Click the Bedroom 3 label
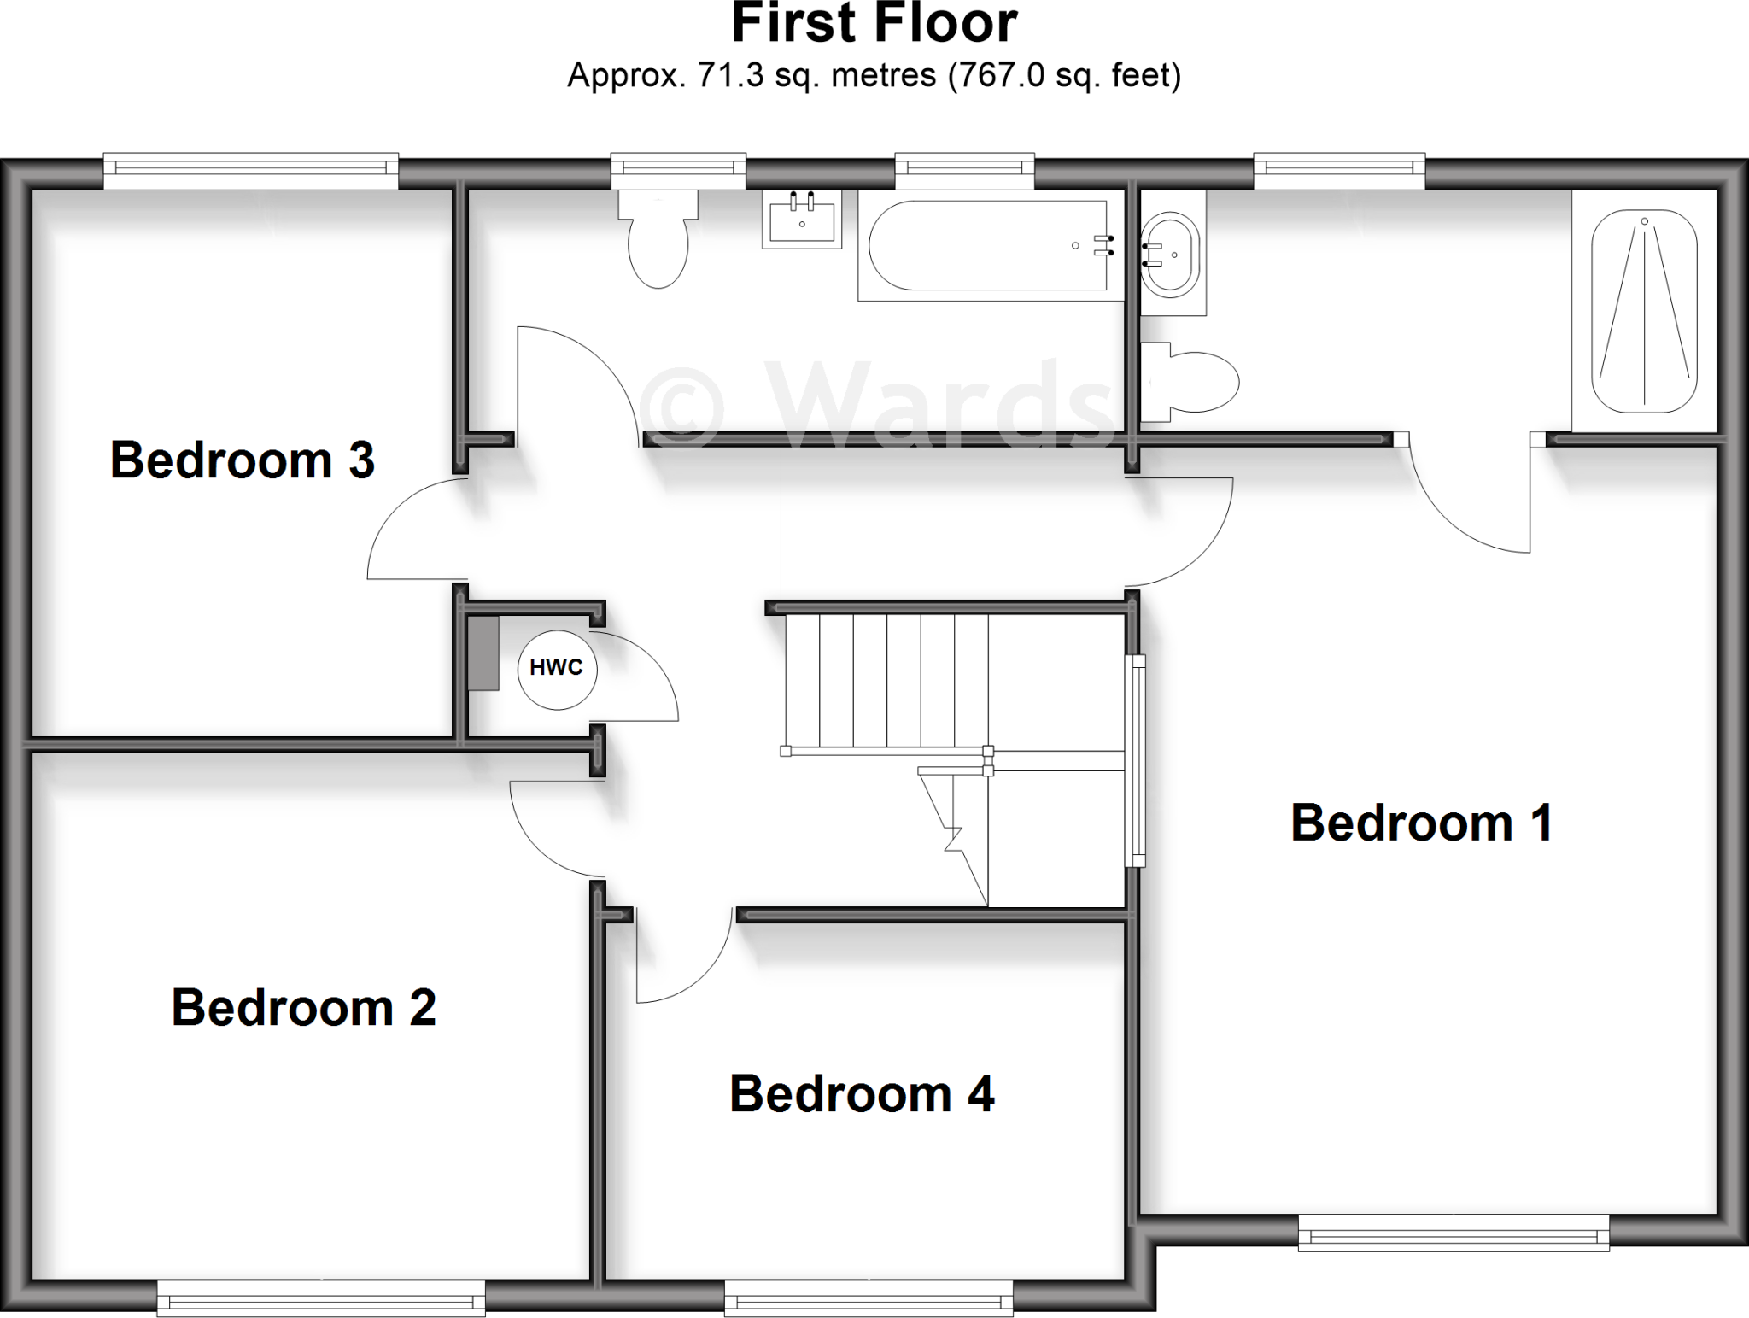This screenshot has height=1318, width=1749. coord(243,460)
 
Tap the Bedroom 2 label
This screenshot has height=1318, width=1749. coord(303,1007)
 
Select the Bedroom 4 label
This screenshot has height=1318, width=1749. coord(862,1093)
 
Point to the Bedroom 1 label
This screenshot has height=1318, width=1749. coord(1422,823)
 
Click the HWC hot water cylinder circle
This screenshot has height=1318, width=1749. coord(557,669)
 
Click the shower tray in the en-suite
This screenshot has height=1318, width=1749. coord(1644,311)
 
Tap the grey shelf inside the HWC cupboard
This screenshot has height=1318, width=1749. coord(483,653)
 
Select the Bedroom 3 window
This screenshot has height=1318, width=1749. coord(250,171)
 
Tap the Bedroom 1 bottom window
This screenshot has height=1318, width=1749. coord(1454,1233)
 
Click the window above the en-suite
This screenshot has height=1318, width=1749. coord(1339,171)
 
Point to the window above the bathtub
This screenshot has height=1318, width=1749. coord(964,171)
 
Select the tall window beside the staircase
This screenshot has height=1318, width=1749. coord(1136,760)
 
